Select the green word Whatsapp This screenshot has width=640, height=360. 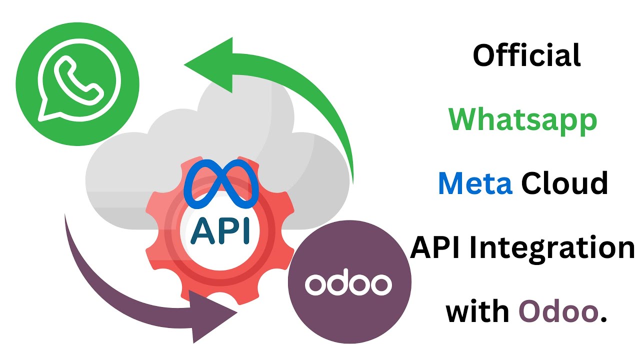coord(522,120)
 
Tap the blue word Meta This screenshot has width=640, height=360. coord(475,183)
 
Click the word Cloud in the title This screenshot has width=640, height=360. coord(564,183)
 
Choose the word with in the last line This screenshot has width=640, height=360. coord(477,311)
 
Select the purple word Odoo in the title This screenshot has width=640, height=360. coord(557,311)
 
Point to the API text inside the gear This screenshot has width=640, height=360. coord(220,230)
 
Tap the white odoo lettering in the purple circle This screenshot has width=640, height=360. coord(348,284)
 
